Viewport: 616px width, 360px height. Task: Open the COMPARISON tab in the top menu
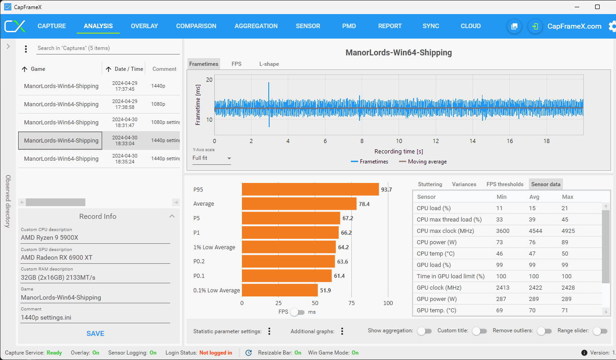(196, 26)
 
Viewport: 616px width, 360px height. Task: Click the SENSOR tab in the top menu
(308, 26)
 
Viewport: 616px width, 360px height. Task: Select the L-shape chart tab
(269, 64)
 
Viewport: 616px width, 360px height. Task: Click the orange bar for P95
(310, 189)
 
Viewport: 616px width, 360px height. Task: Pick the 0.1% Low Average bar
(280, 290)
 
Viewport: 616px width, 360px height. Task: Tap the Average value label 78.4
(364, 204)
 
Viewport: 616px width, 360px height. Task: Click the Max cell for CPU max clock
(568, 231)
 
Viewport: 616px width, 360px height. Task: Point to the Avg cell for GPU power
(534, 299)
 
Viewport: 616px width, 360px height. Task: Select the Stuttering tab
(430, 184)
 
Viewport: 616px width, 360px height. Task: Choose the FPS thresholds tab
(505, 184)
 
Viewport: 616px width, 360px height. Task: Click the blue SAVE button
(95, 334)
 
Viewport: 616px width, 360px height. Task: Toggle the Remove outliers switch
(544, 331)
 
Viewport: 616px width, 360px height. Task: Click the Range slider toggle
(600, 331)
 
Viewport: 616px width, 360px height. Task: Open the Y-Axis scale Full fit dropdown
(212, 158)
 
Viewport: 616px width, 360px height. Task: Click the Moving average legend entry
(423, 162)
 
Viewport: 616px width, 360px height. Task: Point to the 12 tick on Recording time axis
(436, 141)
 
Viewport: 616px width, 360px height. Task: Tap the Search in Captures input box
(108, 48)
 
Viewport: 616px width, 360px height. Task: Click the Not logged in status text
(216, 353)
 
